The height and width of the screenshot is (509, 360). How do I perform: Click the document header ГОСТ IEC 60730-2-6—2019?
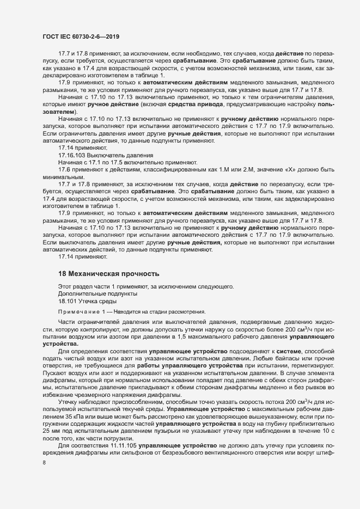tap(81, 36)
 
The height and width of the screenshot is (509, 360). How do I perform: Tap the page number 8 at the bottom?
tap(44, 463)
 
